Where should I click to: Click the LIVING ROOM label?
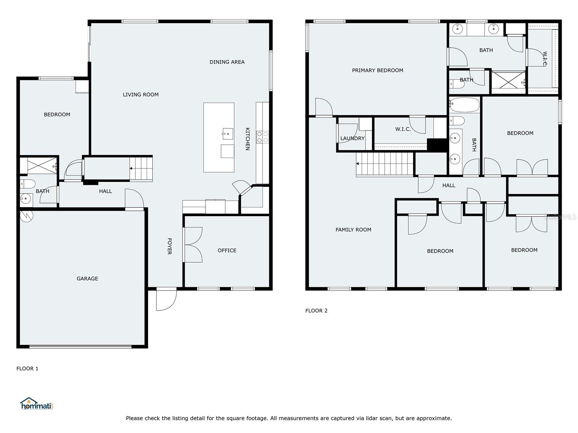pos(141,95)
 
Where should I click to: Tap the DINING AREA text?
pos(227,62)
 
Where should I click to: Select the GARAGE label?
pos(87,279)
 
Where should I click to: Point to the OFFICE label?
pos(227,250)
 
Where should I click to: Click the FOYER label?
pos(169,246)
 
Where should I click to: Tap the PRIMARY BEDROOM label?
pos(378,70)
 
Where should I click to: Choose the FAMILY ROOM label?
pos(353,230)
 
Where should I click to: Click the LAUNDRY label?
pos(352,138)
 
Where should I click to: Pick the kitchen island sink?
pos(228,134)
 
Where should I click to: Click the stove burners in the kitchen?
pos(263,137)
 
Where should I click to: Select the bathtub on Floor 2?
pos(464,105)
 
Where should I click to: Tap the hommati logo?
pos(36,403)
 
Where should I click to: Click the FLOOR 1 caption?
pos(27,368)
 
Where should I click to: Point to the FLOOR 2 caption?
pos(316,311)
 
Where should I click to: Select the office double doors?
pos(193,245)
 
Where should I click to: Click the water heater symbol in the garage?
pos(27,216)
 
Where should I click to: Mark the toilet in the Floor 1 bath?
pos(27,184)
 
